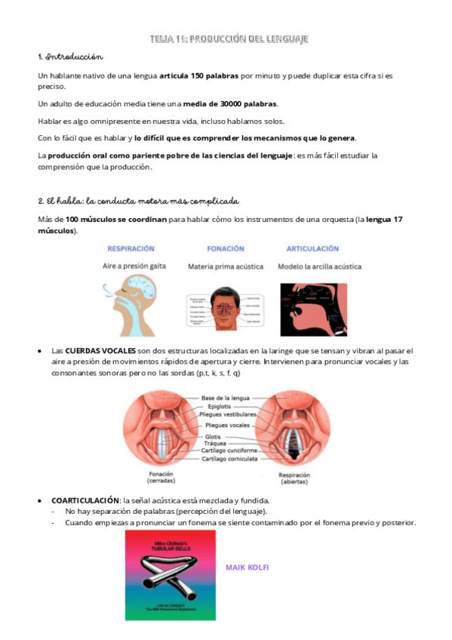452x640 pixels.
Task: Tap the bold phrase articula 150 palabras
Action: click(x=199, y=76)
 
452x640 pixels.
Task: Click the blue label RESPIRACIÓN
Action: click(x=131, y=248)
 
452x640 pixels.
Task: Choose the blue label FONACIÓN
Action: click(x=226, y=248)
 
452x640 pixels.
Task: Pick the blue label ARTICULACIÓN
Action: click(x=312, y=248)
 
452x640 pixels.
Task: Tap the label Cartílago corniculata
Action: click(x=229, y=458)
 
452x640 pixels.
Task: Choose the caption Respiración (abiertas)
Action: click(x=300, y=477)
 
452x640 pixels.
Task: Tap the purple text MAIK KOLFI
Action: click(x=248, y=568)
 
